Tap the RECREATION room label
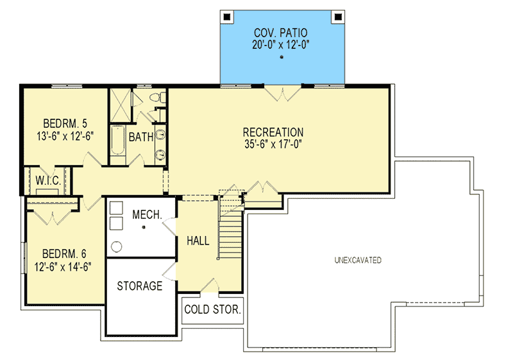click(x=273, y=132)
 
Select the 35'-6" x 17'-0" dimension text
click(x=273, y=144)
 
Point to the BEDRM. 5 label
click(x=62, y=123)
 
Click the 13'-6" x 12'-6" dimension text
click(x=62, y=135)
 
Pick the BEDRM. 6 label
click(x=62, y=252)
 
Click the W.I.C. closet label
click(x=48, y=181)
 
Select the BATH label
click(x=140, y=137)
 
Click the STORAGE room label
click(x=140, y=286)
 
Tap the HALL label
click(x=198, y=241)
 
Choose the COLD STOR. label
click(x=212, y=309)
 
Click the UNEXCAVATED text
click(x=358, y=261)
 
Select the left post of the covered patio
click(x=226, y=16)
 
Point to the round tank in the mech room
click(x=117, y=246)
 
